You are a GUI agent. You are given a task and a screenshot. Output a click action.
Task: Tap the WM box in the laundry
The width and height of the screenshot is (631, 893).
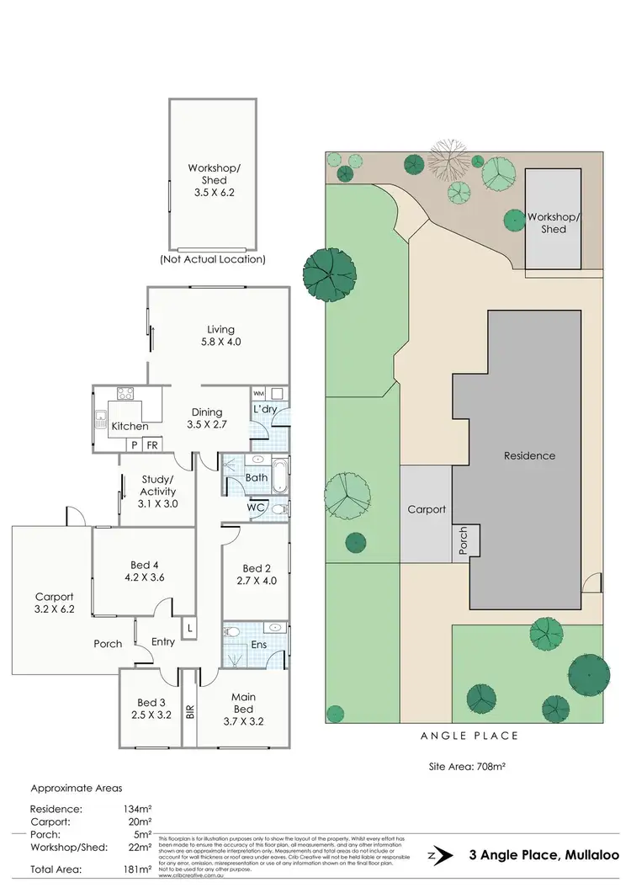pos(257,393)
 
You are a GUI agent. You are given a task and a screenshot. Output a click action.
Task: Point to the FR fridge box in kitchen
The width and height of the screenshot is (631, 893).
pos(152,444)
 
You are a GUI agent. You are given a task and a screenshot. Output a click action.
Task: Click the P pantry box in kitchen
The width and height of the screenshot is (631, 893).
pos(134,444)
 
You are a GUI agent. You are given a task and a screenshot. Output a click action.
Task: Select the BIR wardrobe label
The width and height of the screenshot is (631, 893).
pos(189,710)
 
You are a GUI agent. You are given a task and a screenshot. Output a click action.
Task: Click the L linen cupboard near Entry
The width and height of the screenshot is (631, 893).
pos(190,628)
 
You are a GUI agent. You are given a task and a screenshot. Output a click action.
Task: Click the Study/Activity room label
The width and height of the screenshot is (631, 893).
pos(157,497)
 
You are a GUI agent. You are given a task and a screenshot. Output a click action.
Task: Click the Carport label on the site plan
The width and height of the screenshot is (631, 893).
pos(426,509)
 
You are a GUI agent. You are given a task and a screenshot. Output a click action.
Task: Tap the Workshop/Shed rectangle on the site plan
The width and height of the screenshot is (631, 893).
pos(553,218)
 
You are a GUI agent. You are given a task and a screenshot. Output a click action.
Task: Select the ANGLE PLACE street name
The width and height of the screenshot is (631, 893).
pos(469,736)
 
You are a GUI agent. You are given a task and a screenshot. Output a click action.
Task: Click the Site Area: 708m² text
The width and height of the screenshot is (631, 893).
pos(465,767)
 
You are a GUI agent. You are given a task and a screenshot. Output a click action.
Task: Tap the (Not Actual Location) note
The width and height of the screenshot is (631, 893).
pos(212,259)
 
